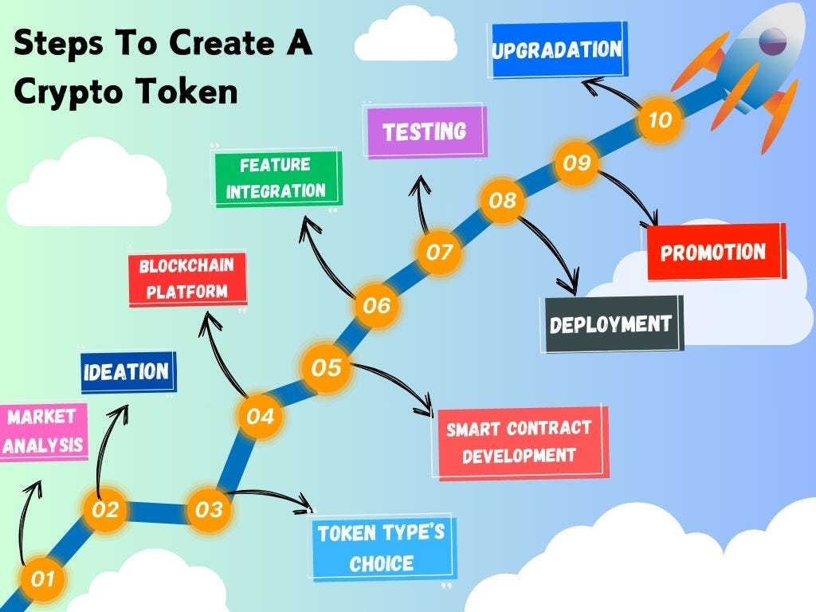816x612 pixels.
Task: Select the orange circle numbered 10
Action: pyautogui.click(x=661, y=120)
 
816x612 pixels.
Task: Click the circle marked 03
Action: pyautogui.click(x=209, y=509)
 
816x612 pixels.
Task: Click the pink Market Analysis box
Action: pyautogui.click(x=43, y=430)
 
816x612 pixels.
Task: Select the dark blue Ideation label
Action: pyautogui.click(x=127, y=372)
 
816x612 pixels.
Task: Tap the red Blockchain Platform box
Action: pyautogui.click(x=187, y=279)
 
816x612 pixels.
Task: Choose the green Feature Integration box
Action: pyautogui.click(x=276, y=178)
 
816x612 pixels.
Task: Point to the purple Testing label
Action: pyautogui.click(x=425, y=131)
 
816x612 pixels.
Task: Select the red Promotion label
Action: pyautogui.click(x=713, y=252)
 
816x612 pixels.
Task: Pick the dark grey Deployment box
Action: pyautogui.click(x=611, y=324)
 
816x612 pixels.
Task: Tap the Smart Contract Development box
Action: pyautogui.click(x=519, y=442)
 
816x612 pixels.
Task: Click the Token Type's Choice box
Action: pyautogui.click(x=382, y=549)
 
